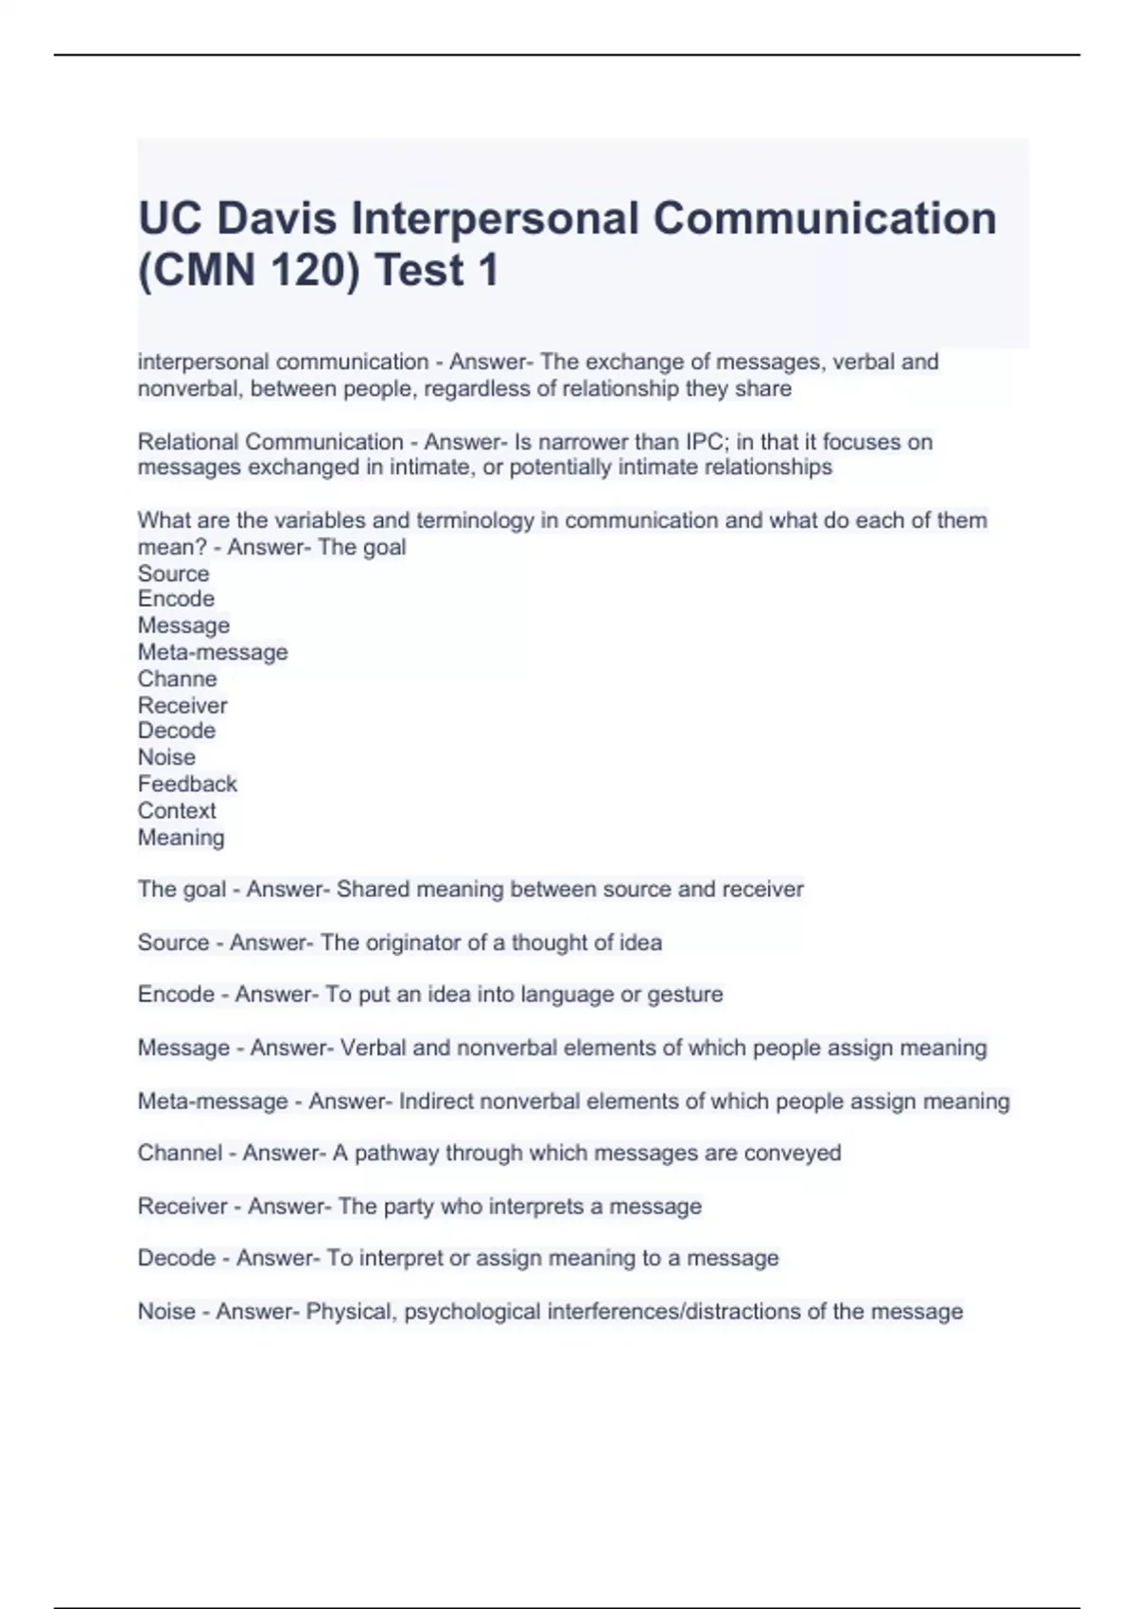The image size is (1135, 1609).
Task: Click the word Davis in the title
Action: pyautogui.click(x=276, y=219)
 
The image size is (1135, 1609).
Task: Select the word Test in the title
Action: pyautogui.click(x=419, y=271)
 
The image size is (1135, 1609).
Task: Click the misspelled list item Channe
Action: pyautogui.click(x=177, y=679)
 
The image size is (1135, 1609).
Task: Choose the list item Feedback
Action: pyautogui.click(x=187, y=784)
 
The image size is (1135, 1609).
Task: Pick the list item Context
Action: pyautogui.click(x=177, y=810)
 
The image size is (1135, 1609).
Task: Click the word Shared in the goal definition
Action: pyautogui.click(x=373, y=890)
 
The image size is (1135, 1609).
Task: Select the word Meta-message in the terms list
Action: pyautogui.click(x=213, y=652)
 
